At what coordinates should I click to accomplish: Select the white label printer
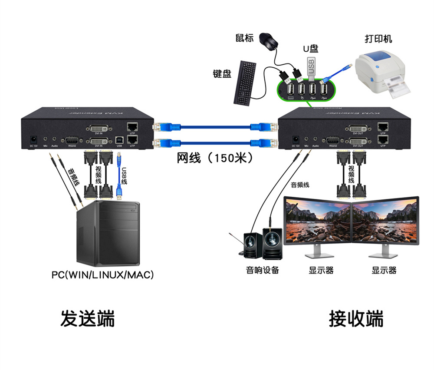380,72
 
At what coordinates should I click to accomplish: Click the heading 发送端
88,318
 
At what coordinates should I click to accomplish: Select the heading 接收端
356,318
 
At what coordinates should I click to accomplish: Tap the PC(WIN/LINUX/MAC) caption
103,275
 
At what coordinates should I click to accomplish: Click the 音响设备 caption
263,270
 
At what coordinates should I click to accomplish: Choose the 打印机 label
378,39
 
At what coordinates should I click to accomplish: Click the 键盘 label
222,74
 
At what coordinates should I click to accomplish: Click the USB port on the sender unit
119,139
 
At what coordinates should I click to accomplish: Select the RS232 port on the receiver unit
333,140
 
